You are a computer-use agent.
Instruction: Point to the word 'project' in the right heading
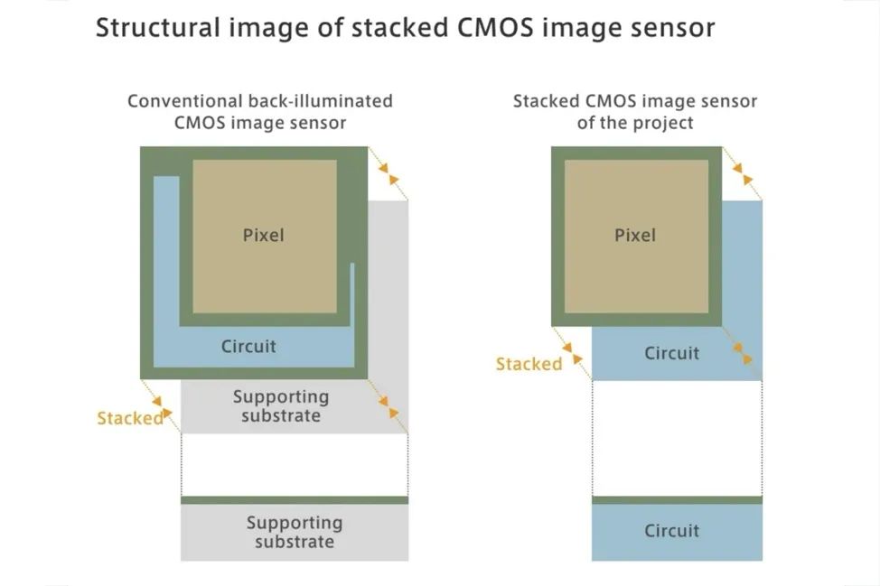coord(660,123)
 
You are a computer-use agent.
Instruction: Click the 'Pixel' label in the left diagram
coord(263,235)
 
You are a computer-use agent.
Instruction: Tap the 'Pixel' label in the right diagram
coord(635,235)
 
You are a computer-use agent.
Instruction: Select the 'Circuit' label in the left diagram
coord(248,346)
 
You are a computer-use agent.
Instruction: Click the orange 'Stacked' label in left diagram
coord(130,418)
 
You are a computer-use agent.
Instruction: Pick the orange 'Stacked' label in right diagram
coord(529,364)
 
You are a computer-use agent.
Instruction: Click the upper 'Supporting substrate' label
coord(281,406)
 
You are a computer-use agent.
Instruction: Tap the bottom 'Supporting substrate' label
coord(295,532)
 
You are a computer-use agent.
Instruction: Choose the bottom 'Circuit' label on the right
coord(671,531)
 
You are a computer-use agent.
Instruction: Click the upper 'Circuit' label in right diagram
coord(671,353)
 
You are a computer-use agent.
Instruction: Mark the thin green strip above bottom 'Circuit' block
coord(677,500)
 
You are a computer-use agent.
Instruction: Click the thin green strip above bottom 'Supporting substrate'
coord(295,500)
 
